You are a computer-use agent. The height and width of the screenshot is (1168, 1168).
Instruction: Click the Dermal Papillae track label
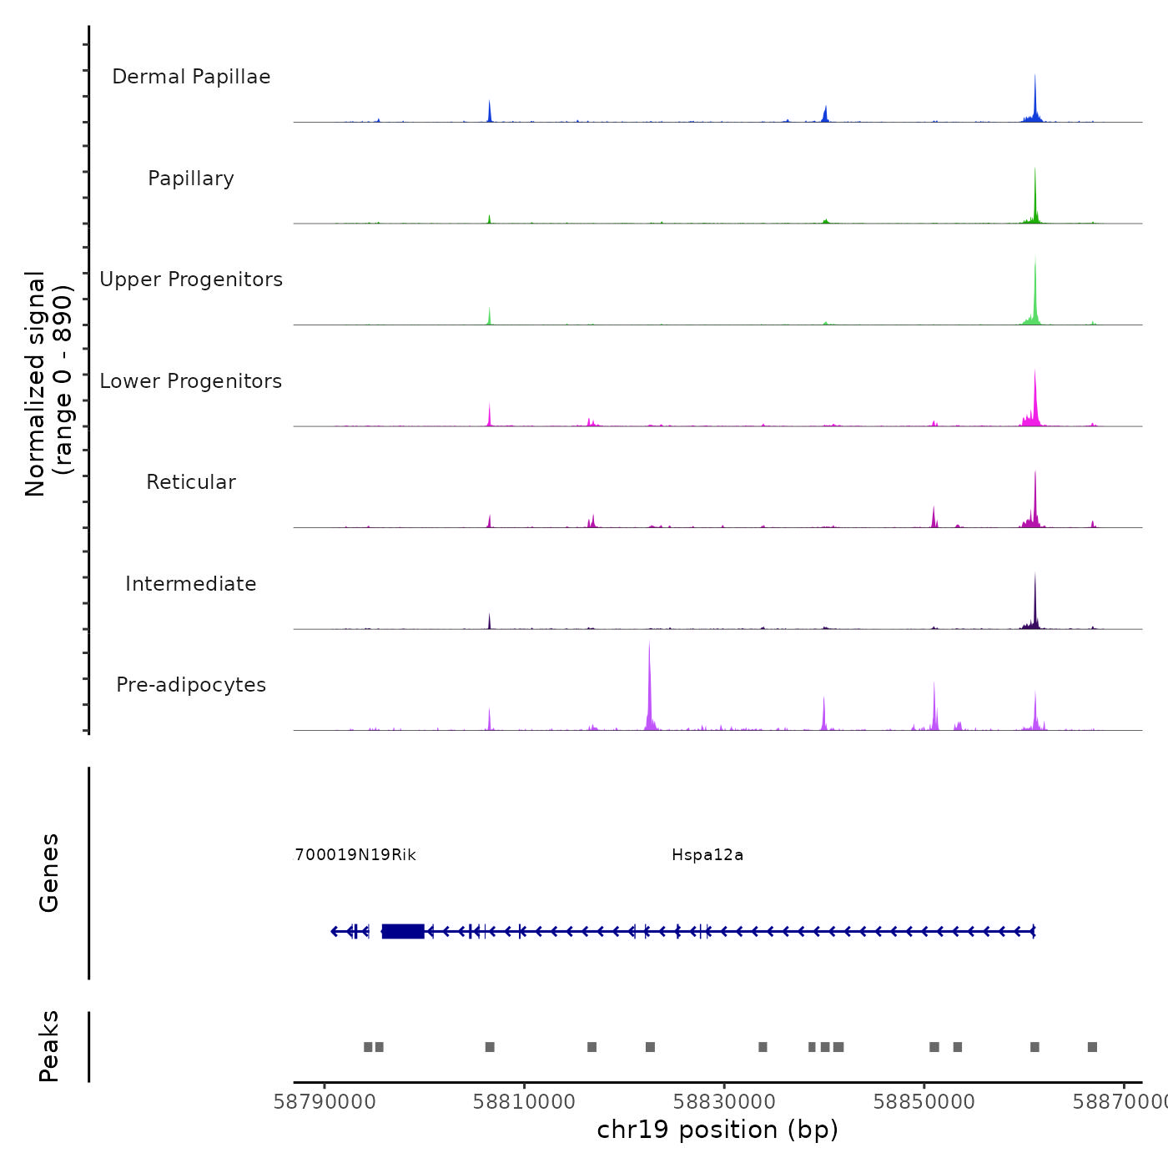[x=191, y=77]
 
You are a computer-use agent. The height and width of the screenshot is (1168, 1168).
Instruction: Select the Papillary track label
[x=191, y=179]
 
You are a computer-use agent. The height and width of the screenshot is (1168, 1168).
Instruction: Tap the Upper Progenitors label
[x=191, y=279]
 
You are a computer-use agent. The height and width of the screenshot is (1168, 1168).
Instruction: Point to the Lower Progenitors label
[x=191, y=381]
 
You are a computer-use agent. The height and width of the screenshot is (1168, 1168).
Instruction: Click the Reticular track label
[x=191, y=482]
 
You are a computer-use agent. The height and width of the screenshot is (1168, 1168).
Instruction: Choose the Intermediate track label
[x=191, y=584]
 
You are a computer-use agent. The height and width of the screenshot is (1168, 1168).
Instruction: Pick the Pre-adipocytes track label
[x=191, y=685]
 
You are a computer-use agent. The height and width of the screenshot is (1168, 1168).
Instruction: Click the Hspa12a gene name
[x=707, y=855]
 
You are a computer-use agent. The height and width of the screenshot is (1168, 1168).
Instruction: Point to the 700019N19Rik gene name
[x=355, y=855]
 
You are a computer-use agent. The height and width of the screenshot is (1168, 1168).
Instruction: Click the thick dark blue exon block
[x=403, y=931]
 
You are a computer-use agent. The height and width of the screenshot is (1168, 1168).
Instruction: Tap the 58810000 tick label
[x=524, y=1102]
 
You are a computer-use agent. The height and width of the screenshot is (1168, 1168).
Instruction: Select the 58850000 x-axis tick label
[x=924, y=1102]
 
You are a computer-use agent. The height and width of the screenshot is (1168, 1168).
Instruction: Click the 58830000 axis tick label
[x=724, y=1102]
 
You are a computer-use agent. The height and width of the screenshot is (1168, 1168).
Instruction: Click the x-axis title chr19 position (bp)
[x=717, y=1130]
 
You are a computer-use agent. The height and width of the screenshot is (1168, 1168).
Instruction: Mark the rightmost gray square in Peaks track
[x=1092, y=1047]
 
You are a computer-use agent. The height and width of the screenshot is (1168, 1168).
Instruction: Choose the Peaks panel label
[x=49, y=1046]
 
